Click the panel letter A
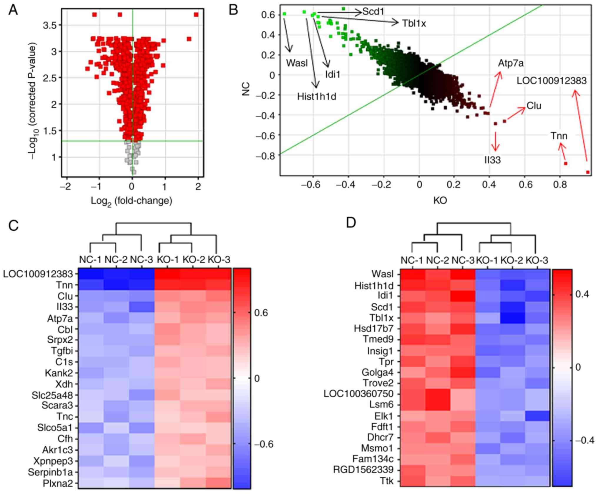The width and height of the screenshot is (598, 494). tap(13, 11)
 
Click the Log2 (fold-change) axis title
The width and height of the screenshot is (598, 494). tap(131, 201)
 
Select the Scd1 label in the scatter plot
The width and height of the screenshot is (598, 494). tap(373, 12)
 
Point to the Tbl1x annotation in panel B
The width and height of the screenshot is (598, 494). tap(414, 24)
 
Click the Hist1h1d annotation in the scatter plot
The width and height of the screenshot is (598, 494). tap(316, 96)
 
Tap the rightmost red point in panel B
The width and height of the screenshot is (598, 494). tap(588, 172)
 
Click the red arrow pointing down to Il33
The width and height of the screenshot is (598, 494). tap(496, 141)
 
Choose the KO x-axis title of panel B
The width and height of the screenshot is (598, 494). tap(440, 200)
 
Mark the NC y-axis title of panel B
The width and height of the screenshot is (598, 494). tap(246, 89)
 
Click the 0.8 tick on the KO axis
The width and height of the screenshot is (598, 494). tap(560, 185)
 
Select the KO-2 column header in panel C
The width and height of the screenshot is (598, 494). tap(193, 260)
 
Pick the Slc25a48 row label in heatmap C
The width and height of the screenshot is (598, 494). tap(52, 395)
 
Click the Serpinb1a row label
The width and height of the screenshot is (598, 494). tap(50, 472)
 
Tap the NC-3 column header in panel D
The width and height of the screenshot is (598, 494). tap(463, 260)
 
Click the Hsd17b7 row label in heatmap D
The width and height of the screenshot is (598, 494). tap(373, 328)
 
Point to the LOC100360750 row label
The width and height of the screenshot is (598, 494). tap(358, 394)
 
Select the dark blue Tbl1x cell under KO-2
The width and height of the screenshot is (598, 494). tap(513, 318)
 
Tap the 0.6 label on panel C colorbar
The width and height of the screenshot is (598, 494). tap(261, 313)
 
